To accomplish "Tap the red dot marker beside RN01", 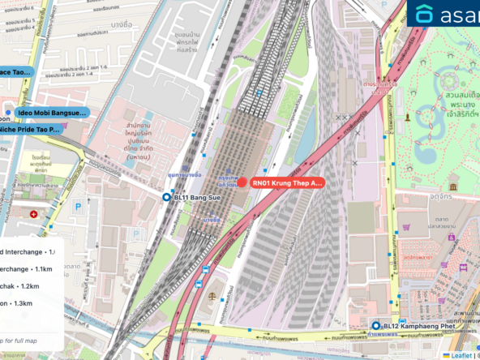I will click(243, 182).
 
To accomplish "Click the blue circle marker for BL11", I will click(166, 197).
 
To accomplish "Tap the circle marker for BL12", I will click(375, 326).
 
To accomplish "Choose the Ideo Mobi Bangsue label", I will click(51, 113).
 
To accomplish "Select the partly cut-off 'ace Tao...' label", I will click(15, 72).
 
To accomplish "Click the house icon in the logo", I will click(425, 14).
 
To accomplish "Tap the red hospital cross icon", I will click(33, 214).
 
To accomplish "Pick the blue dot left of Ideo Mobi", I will click(8, 113).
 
